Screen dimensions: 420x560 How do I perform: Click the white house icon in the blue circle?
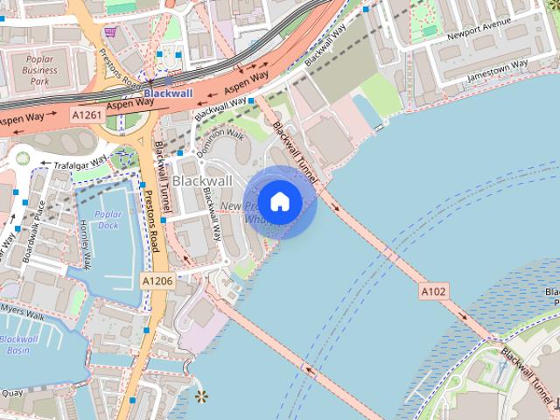pyautogui.click(x=279, y=201)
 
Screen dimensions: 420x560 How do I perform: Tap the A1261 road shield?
pyautogui.click(x=87, y=115)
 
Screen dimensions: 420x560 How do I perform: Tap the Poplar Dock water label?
pyautogui.click(x=108, y=220)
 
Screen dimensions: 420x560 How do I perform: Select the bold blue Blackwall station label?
pyautogui.click(x=168, y=93)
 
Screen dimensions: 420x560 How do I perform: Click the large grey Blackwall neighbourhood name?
pyautogui.click(x=202, y=180)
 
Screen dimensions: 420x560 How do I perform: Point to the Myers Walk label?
pyautogui.click(x=23, y=308)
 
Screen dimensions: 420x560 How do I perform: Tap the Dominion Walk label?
pyautogui.click(x=220, y=144)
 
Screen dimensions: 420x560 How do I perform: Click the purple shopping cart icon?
pyautogui.click(x=111, y=32)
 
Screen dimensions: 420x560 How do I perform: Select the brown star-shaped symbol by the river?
pyautogui.click(x=202, y=397)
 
